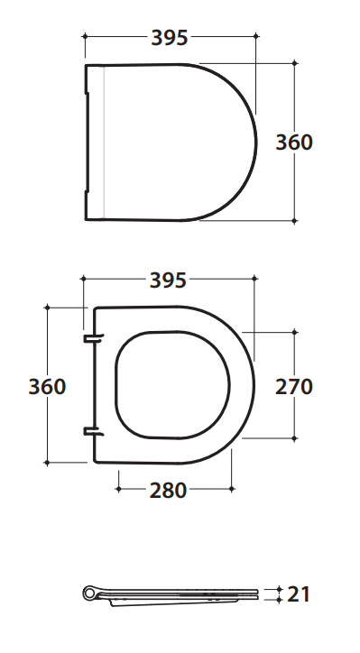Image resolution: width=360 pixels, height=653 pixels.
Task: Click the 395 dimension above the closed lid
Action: [170, 38]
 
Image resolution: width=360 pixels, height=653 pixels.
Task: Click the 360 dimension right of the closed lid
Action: [294, 143]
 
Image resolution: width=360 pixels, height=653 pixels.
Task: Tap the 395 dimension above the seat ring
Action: [168, 281]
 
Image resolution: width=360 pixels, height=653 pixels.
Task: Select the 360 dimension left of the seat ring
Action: [47, 386]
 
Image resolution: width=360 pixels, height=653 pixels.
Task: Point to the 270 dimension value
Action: [294, 386]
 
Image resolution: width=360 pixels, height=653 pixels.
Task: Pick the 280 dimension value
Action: [168, 490]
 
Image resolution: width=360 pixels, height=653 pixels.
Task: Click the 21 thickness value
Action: [299, 594]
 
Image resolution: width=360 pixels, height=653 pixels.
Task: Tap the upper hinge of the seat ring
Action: [93, 337]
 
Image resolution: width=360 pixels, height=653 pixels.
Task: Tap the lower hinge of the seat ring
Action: [93, 431]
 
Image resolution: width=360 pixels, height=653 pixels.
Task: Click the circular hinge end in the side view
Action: [89, 593]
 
